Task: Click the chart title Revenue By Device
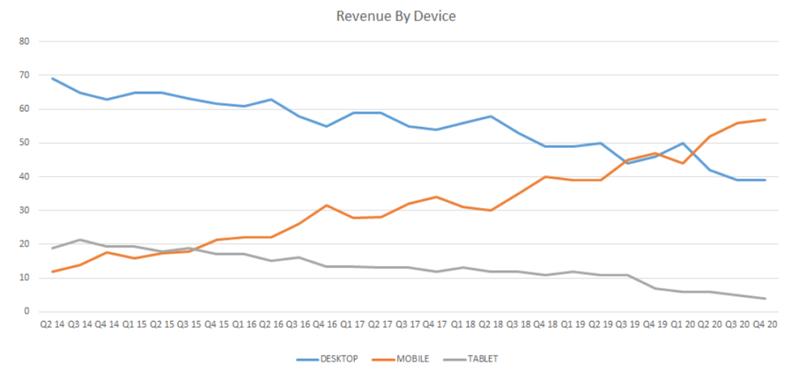(x=395, y=15)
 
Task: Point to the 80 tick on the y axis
(x=23, y=41)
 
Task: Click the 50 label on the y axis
(x=23, y=142)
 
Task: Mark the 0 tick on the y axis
(x=25, y=312)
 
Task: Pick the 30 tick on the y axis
(x=23, y=210)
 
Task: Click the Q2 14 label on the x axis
(x=53, y=324)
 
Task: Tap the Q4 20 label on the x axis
(x=765, y=324)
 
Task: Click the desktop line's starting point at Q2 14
(x=53, y=78)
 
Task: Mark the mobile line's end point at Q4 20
(x=765, y=119)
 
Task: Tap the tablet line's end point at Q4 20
(x=765, y=299)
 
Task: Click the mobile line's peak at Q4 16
(x=327, y=205)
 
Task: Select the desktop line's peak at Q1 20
(x=683, y=143)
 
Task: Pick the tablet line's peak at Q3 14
(x=80, y=240)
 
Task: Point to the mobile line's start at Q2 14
(x=53, y=271)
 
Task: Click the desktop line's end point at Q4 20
(x=765, y=179)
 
